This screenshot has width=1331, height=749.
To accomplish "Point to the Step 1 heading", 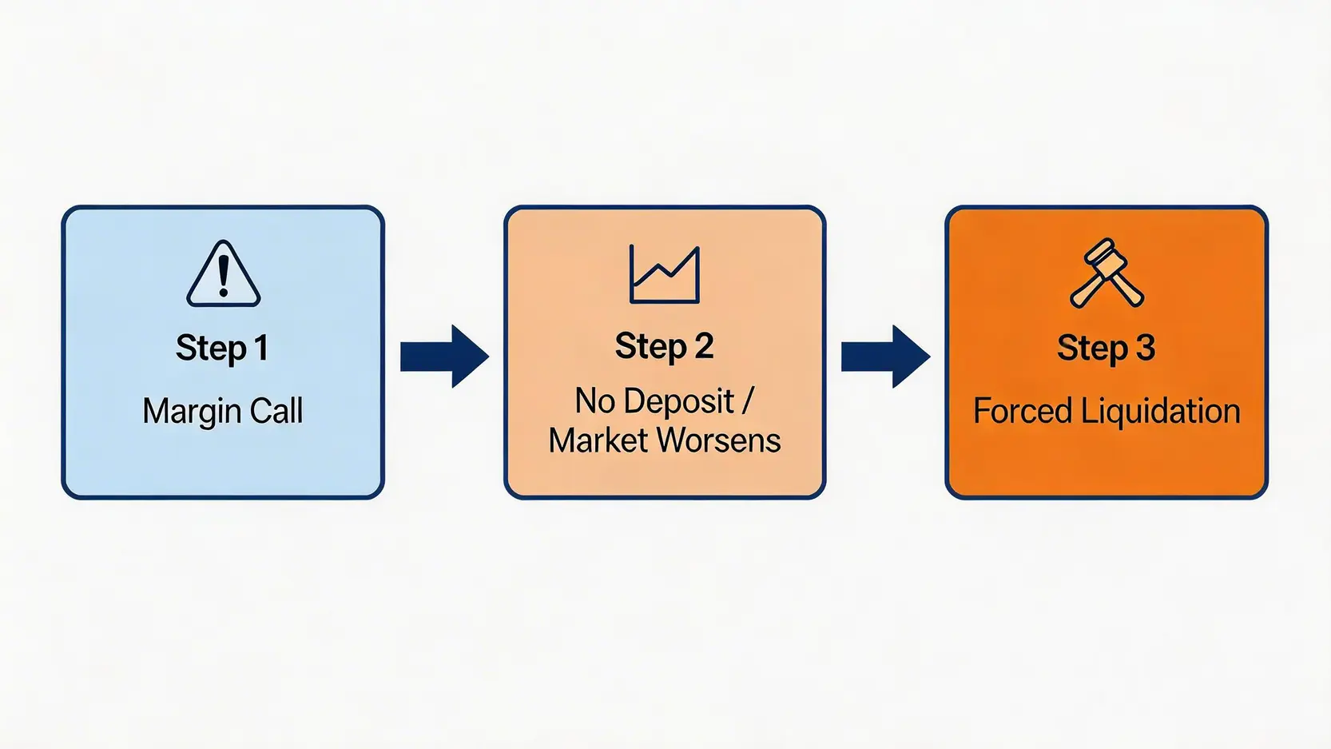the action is tap(222, 348).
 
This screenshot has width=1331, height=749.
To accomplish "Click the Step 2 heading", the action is tap(665, 346).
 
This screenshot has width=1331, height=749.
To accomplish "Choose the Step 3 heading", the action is tap(1107, 348).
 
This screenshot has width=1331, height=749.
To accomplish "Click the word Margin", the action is tap(191, 412).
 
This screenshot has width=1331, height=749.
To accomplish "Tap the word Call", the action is tap(276, 411).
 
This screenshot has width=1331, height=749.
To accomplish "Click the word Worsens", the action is tap(719, 440).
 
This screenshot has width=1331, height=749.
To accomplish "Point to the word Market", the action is tap(599, 440).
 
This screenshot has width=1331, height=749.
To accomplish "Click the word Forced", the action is tap(1022, 411).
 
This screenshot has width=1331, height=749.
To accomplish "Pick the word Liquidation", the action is tap(1161, 411).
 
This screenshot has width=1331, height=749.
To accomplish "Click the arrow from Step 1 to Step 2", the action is tap(444, 356).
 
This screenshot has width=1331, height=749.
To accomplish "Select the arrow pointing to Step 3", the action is tap(886, 356).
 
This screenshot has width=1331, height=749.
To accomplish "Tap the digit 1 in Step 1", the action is tap(260, 348).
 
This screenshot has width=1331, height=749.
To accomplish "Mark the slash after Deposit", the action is tap(746, 401).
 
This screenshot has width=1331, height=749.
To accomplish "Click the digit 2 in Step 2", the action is tap(704, 346).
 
